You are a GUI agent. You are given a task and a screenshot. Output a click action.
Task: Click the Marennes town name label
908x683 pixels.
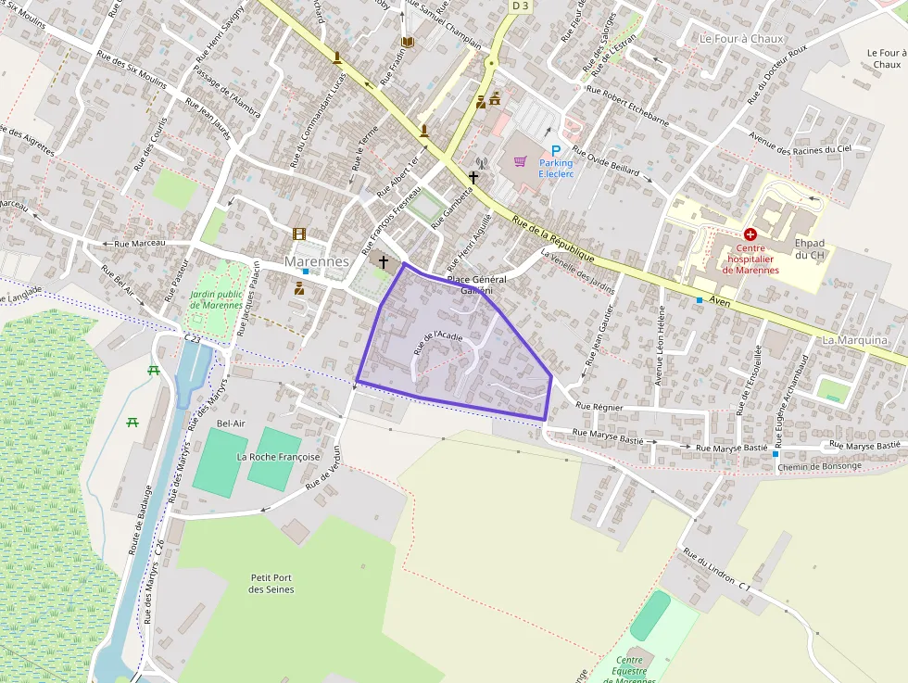click(x=317, y=261)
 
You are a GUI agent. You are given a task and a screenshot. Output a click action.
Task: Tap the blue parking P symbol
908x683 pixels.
click(x=556, y=151)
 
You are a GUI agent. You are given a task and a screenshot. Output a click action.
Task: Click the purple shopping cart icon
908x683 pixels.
click(x=521, y=162)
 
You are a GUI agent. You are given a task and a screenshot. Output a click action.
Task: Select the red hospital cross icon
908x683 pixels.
click(x=750, y=234)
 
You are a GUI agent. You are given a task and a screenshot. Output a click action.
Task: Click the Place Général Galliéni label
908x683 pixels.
click(x=476, y=284)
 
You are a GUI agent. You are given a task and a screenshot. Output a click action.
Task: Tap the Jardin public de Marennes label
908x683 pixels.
click(x=217, y=299)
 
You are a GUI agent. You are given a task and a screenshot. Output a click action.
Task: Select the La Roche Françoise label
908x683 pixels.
click(x=278, y=457)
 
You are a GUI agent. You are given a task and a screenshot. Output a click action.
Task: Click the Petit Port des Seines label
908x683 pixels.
click(x=272, y=583)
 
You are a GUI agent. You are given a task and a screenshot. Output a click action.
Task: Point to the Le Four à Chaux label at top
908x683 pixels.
click(x=741, y=39)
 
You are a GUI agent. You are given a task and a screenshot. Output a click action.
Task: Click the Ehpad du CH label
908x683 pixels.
click(x=810, y=248)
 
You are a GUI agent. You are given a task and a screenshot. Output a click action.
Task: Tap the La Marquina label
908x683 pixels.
click(x=854, y=340)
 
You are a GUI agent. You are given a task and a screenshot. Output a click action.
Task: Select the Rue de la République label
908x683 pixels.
click(x=553, y=237)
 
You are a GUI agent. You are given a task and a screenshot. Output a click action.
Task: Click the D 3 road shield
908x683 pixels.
click(x=519, y=6)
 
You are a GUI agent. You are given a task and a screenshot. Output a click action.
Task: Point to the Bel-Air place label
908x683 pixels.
click(x=231, y=424)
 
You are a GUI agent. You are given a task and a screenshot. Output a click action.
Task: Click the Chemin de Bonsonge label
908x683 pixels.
click(x=820, y=465)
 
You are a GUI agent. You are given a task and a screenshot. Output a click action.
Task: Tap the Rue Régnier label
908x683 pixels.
click(x=599, y=406)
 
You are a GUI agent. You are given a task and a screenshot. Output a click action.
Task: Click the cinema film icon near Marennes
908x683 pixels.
click(x=298, y=234)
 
